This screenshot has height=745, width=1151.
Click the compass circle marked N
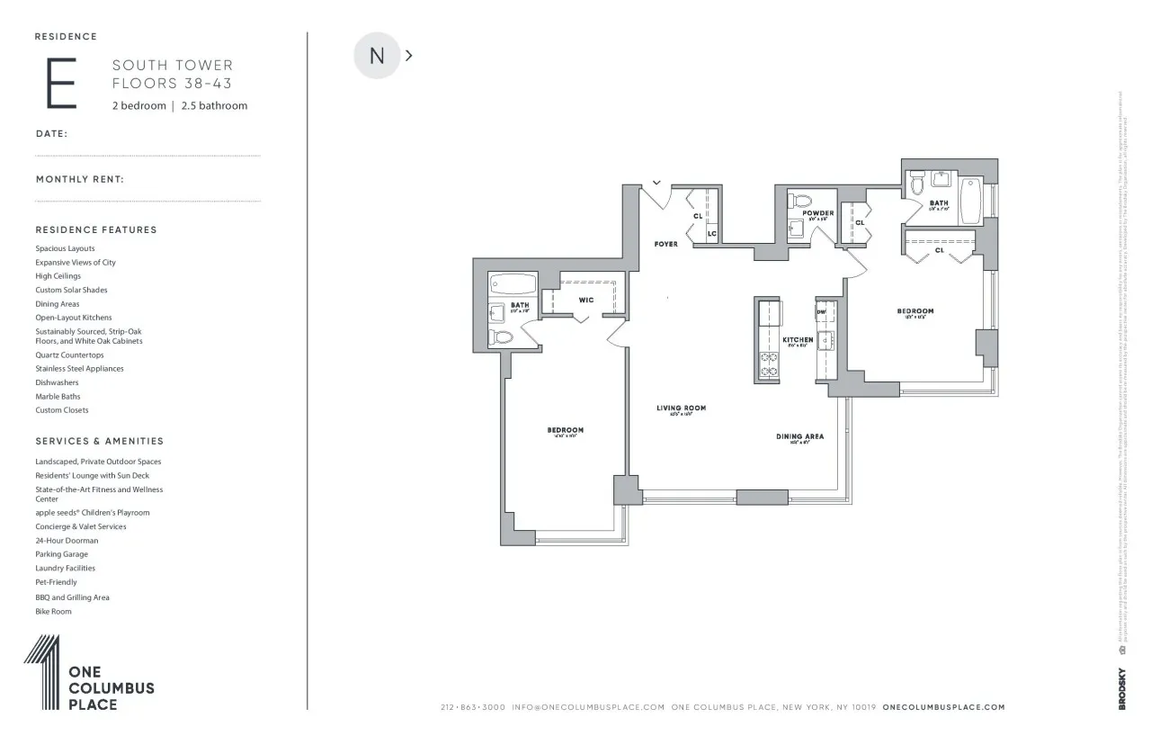(377, 56)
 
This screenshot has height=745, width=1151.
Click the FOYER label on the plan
(665, 245)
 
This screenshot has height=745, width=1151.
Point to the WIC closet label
(585, 300)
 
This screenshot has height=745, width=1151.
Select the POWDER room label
(818, 213)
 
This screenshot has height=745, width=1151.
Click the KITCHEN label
(798, 340)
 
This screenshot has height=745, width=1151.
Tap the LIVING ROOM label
(681, 408)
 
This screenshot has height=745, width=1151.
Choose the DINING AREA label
(799, 436)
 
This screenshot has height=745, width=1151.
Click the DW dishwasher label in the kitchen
(821, 311)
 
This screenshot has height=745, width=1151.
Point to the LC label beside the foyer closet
(711, 234)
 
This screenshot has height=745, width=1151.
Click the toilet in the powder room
(800, 201)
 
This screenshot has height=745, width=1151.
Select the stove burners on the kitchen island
(770, 364)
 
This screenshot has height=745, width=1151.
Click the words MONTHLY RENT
(79, 179)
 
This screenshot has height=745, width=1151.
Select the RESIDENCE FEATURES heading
(96, 229)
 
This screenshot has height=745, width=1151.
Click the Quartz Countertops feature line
(69, 355)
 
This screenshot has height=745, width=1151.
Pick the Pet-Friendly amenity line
(56, 582)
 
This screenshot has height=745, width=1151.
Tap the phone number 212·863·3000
(472, 707)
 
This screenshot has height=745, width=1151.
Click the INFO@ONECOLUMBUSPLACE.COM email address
(588, 707)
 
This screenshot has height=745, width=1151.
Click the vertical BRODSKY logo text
(1122, 688)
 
